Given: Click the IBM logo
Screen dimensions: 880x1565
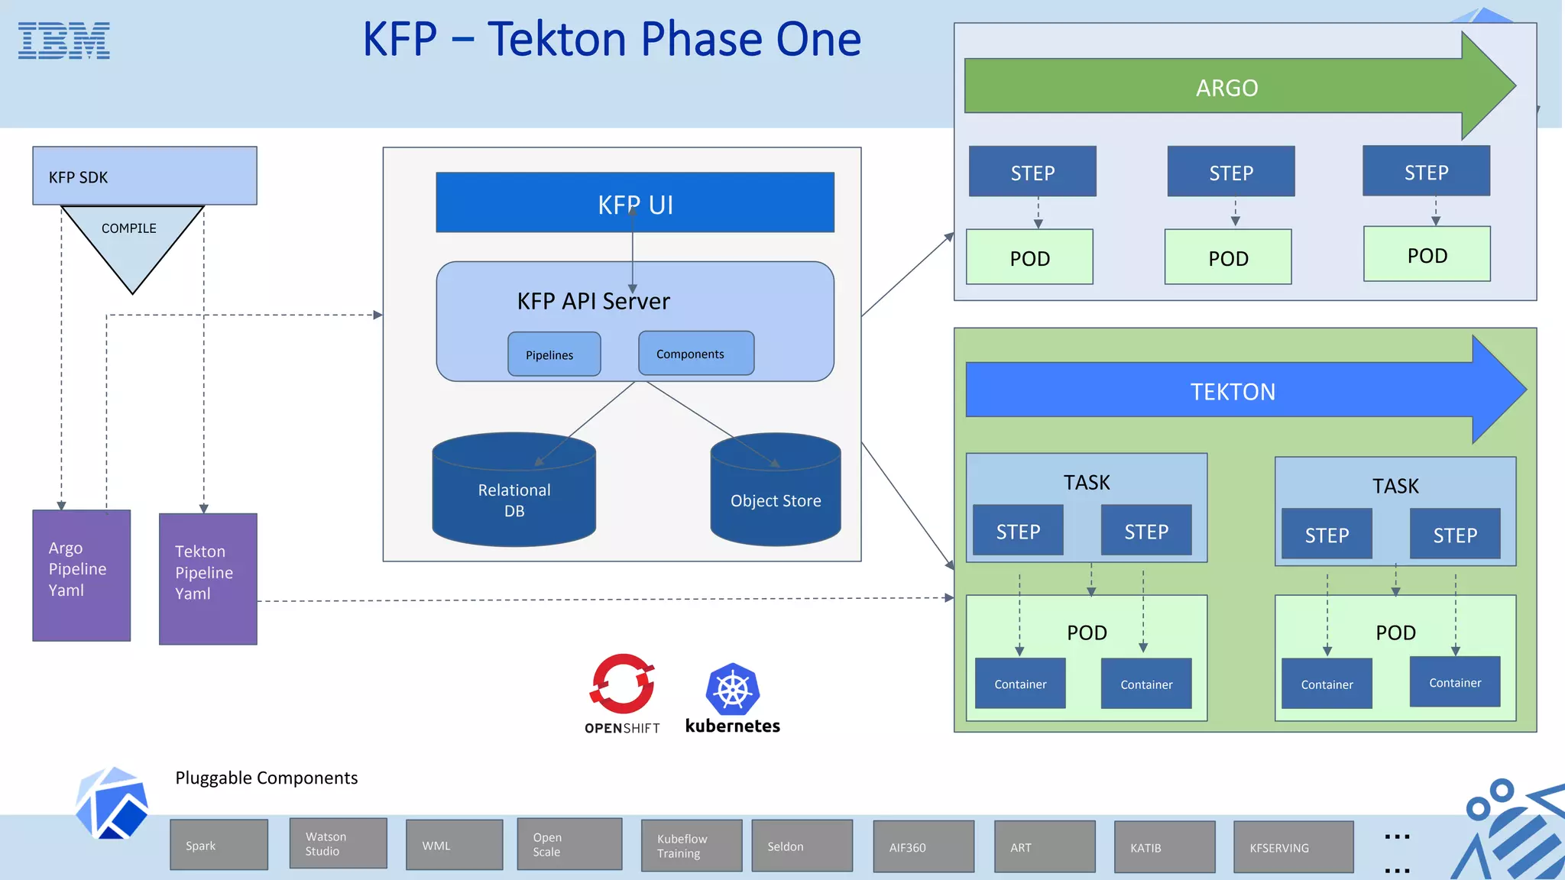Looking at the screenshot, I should click(x=64, y=41).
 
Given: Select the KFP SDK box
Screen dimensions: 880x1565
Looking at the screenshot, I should click(x=144, y=176).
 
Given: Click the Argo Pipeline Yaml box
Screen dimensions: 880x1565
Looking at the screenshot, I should click(x=82, y=575).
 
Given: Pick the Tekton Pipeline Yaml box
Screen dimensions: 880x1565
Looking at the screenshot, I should click(x=208, y=579).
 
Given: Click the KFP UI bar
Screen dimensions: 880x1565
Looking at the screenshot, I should click(x=634, y=203).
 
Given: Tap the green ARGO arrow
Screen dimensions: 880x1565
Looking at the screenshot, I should click(x=1226, y=87).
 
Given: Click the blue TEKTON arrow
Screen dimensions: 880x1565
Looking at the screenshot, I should click(x=1233, y=391).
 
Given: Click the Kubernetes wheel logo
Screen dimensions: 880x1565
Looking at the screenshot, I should click(x=732, y=689).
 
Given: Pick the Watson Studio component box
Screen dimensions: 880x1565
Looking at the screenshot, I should click(x=338, y=843).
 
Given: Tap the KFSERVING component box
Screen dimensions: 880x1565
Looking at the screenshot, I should click(x=1293, y=847).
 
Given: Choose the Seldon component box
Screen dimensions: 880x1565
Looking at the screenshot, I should click(x=802, y=846).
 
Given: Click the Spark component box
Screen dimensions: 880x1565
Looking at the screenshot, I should click(x=219, y=845).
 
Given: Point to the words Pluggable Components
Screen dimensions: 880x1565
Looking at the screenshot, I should click(x=266, y=778).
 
